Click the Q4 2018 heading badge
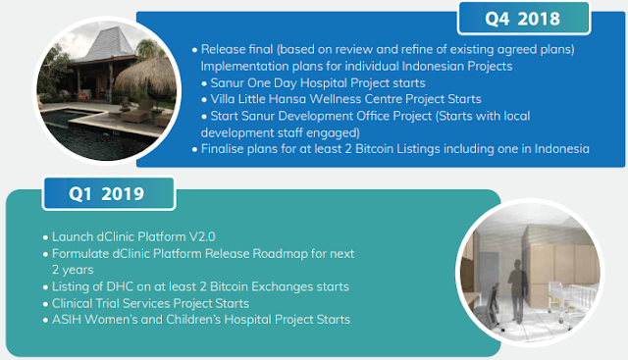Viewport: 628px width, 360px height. pos(523,19)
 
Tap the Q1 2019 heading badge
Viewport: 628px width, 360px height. pos(109,194)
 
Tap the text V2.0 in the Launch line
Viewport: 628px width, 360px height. pos(202,236)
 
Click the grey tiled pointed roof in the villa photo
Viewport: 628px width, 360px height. pos(109,44)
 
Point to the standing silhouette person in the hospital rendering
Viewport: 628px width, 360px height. pos(518,291)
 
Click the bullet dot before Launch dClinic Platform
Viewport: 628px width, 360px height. pos(46,237)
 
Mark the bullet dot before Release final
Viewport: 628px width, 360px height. pos(194,50)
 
